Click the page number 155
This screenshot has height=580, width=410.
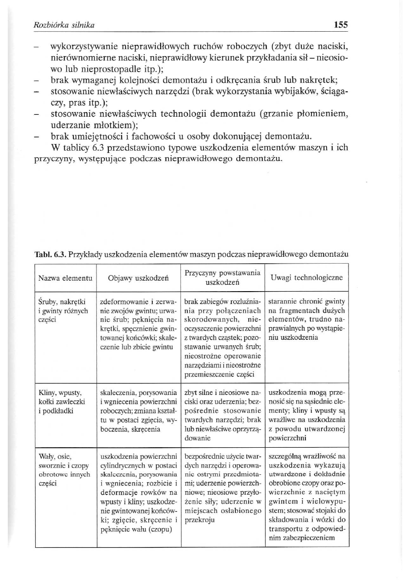coord(341,25)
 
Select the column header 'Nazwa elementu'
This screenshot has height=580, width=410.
coord(65,278)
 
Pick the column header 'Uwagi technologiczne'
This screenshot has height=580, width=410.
coord(307,278)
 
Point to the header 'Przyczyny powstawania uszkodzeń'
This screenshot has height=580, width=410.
coord(223,277)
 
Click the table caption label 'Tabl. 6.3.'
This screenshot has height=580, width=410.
coord(51,254)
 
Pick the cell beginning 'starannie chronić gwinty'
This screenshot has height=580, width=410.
coord(306,319)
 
